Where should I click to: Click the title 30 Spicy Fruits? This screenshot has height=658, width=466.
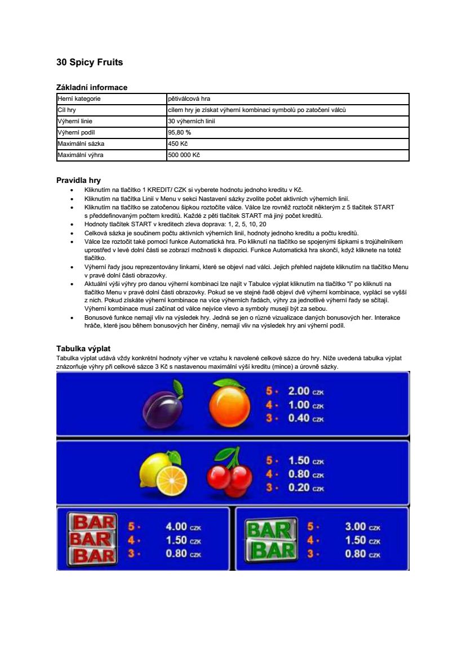pos(90,62)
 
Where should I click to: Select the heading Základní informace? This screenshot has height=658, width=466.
pos(92,87)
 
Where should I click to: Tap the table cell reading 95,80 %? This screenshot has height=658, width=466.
pos(180,132)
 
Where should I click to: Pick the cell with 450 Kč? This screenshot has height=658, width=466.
pos(177,144)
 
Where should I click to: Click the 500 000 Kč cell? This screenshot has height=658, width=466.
pos(184,155)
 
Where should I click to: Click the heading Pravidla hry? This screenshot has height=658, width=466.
pos(78,181)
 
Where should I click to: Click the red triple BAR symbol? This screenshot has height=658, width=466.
pos(92,539)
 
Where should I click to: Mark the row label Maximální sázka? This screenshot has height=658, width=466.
pos(81,144)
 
